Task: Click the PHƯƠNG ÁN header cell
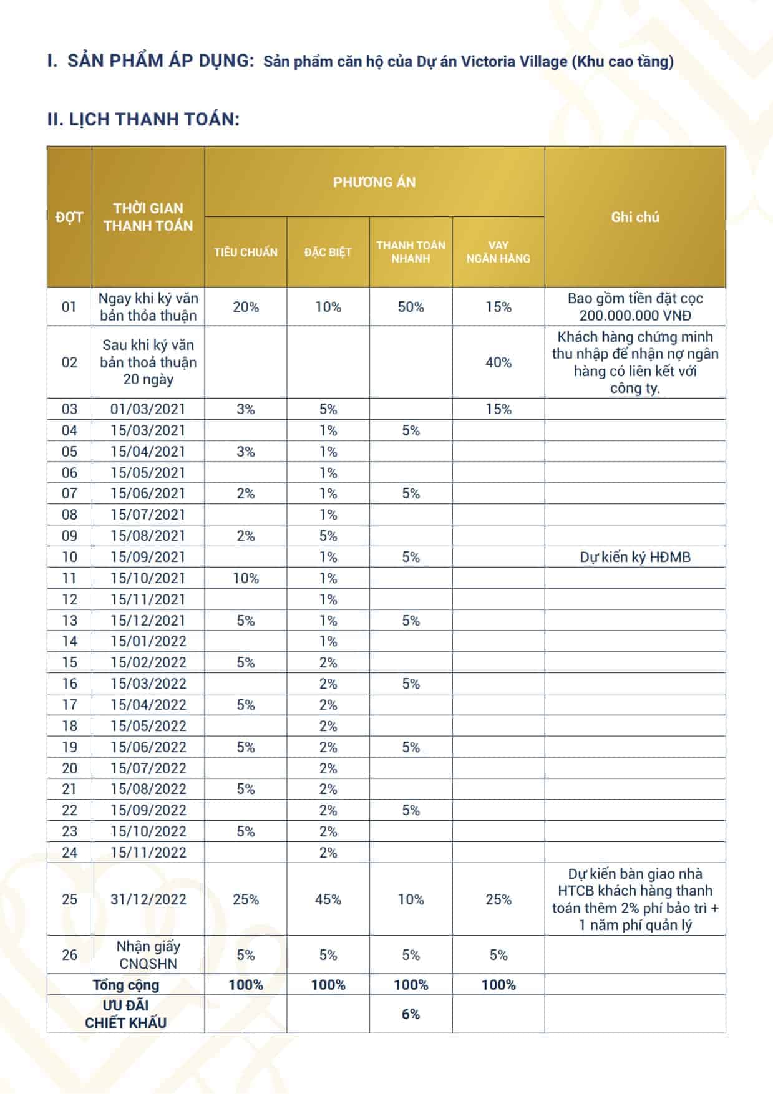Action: [x=374, y=182]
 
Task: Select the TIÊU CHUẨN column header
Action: [x=245, y=253]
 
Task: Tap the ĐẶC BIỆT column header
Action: [x=328, y=253]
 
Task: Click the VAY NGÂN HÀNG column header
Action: [x=498, y=252]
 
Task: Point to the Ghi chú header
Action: [x=634, y=217]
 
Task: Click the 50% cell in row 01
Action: [x=411, y=307]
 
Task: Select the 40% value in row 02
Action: [x=498, y=362]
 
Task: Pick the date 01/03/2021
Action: [x=148, y=409]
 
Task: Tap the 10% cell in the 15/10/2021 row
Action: [x=245, y=578]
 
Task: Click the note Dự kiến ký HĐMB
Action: [x=634, y=557]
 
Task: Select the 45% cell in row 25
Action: [x=328, y=899]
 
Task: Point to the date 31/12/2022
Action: [x=148, y=899]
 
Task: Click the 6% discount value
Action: [x=411, y=1014]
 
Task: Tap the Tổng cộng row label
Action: [x=126, y=985]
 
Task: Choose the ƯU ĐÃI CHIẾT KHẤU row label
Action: [x=126, y=1014]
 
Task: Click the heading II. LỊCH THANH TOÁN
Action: [x=143, y=119]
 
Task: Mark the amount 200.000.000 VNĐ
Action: [x=634, y=316]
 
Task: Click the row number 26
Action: [x=69, y=955]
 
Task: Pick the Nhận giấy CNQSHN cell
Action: [x=148, y=955]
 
